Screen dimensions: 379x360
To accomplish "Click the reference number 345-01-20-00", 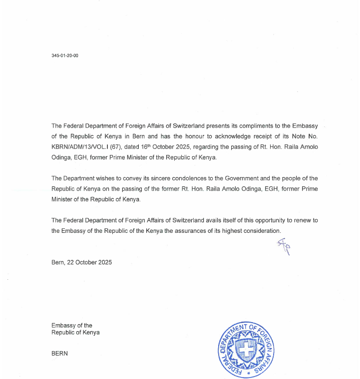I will [64, 55].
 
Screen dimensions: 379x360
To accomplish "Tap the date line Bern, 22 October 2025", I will [81, 262].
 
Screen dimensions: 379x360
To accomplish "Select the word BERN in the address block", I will [59, 353].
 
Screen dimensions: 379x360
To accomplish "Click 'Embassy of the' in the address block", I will [72, 326].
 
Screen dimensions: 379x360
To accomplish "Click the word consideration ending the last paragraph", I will [262, 231].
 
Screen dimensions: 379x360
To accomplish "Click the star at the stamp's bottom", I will [248, 374].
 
